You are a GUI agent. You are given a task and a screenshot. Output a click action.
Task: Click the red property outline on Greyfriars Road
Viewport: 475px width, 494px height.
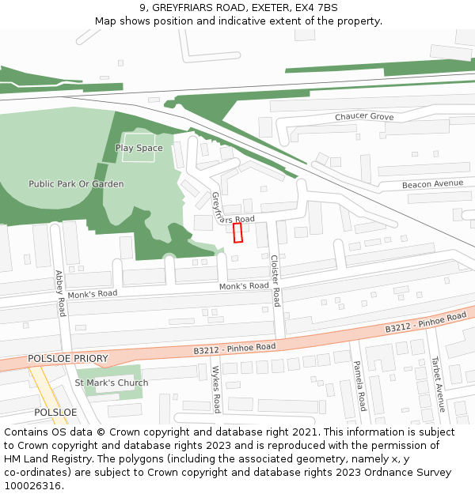pos(237,232)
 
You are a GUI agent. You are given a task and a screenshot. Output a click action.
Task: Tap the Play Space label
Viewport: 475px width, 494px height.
pos(139,148)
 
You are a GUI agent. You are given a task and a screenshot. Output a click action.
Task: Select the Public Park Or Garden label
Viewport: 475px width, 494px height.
pos(76,184)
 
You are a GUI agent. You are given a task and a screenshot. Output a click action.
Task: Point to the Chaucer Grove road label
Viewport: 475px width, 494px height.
pos(363,117)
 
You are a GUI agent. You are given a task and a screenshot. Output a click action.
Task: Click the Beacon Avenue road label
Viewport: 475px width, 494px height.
pos(432,183)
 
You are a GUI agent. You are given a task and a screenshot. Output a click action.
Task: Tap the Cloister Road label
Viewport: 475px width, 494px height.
pos(275,281)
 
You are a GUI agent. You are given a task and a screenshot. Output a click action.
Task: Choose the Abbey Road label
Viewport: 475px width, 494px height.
pos(59,293)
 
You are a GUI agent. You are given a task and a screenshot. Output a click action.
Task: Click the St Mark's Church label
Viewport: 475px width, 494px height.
pos(111,383)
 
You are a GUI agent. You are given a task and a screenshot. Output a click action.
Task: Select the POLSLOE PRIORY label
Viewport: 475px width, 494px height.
pos(67,359)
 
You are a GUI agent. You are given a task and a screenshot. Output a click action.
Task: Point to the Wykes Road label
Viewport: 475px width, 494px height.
pos(215,389)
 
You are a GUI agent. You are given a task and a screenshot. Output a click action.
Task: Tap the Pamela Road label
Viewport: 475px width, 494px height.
pos(359,386)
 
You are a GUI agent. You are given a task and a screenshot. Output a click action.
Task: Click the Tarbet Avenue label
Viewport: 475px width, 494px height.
pos(437,385)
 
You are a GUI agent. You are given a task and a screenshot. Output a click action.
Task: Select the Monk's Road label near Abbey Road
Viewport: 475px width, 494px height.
pos(92,294)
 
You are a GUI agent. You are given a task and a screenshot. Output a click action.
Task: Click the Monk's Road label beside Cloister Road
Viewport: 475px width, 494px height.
pos(243,286)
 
